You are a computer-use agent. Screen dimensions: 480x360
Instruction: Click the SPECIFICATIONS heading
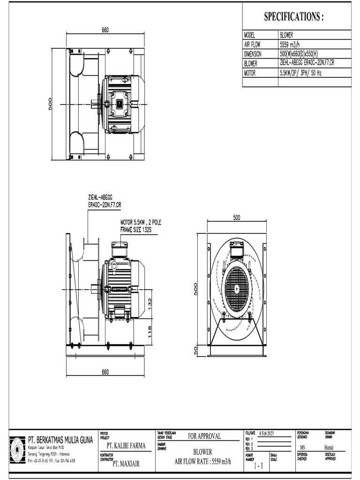pyautogui.click(x=294, y=17)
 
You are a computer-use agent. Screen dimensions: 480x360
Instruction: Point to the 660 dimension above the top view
pyautogui.click(x=105, y=30)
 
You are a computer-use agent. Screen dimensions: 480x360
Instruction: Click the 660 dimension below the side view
pyautogui.click(x=105, y=372)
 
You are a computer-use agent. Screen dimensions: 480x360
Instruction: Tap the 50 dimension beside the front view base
pyautogui.click(x=196, y=351)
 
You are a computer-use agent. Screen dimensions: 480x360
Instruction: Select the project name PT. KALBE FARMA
pyautogui.click(x=126, y=445)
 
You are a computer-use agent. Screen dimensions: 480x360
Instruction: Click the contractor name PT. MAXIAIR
pyautogui.click(x=126, y=465)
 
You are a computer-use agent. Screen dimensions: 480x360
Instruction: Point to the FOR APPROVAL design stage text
pyautogui.click(x=204, y=436)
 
